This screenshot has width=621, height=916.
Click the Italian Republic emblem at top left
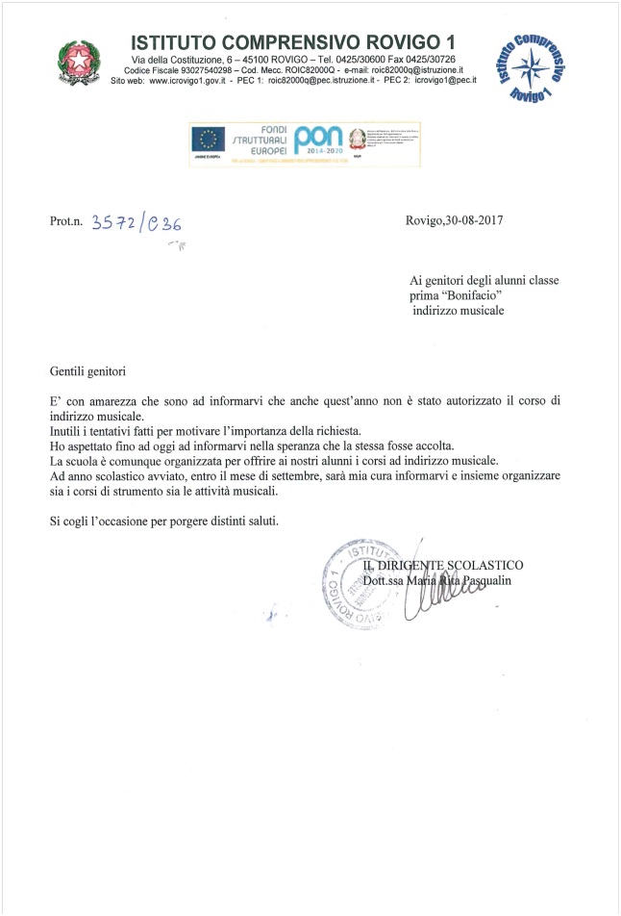point(75,61)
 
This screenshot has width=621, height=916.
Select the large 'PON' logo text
point(320,136)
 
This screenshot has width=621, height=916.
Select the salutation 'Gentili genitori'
point(87,369)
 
